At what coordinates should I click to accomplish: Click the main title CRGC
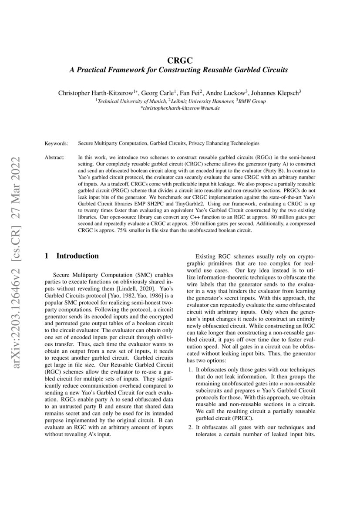tap(180, 61)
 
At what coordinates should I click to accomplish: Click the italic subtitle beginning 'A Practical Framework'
tap(180, 70)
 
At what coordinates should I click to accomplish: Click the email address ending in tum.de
tap(180, 108)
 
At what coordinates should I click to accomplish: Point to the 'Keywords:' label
tap(56, 143)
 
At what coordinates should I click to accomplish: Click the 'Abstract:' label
tap(55, 156)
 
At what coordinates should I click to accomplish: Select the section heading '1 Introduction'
tap(72, 256)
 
